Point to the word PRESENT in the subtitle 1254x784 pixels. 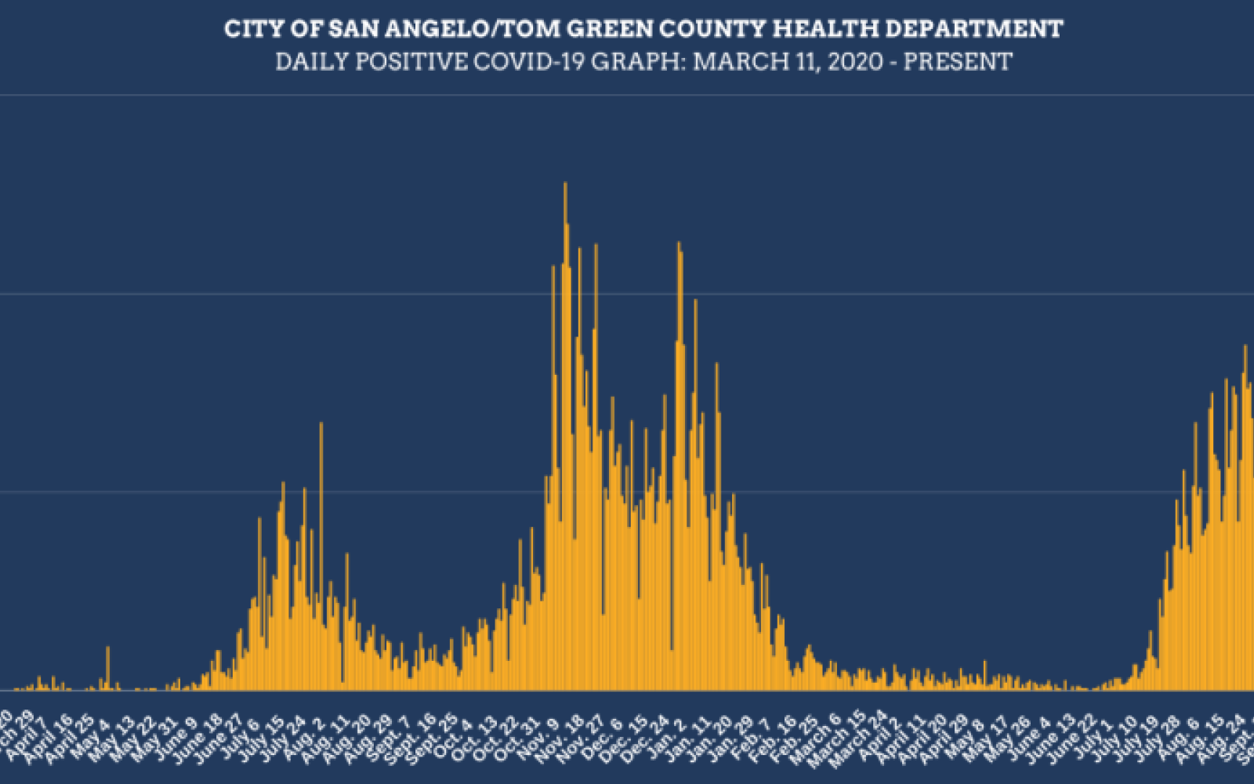point(958,61)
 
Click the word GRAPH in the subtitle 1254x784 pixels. point(638,61)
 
